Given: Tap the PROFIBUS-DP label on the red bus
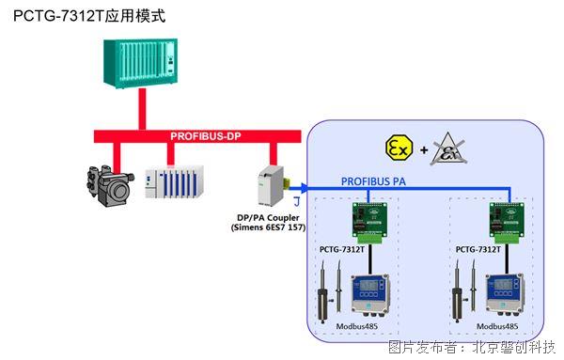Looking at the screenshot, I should click(x=206, y=136).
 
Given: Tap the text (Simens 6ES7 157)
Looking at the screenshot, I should click(x=269, y=228).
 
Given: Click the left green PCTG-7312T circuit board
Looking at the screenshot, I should click(x=368, y=222).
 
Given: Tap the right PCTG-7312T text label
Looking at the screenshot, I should click(x=478, y=251).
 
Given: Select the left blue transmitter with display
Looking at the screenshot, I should click(x=369, y=293).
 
